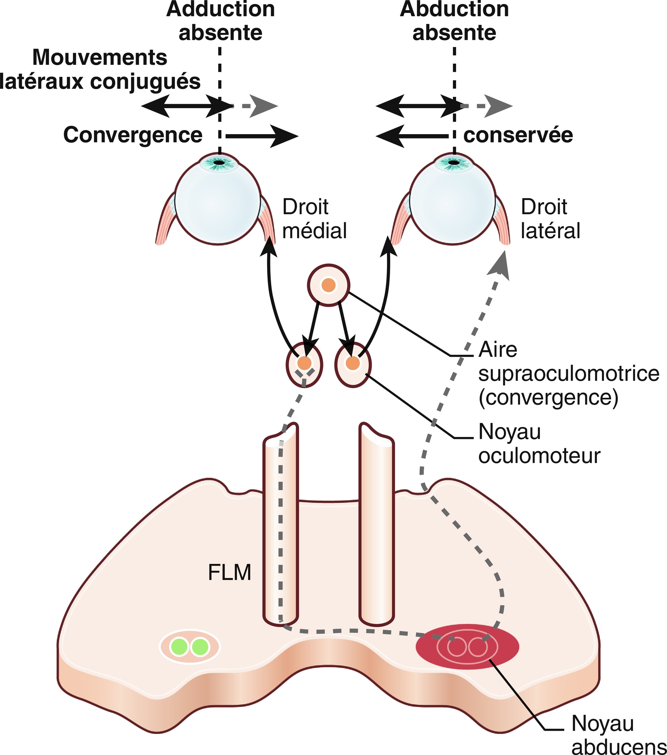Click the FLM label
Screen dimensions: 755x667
point(229,572)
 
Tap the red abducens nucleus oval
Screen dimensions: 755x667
point(467,646)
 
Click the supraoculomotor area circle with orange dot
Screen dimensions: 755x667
point(328,285)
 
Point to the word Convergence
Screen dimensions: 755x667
point(133,135)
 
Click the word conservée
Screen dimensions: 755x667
point(518,135)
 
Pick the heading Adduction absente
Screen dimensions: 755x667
point(221,21)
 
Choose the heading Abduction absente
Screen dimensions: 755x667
point(454,21)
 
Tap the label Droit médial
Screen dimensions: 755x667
point(314,219)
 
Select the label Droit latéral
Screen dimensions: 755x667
point(550,219)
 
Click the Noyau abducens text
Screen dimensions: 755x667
point(618,735)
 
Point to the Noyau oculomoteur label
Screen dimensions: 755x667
point(539,444)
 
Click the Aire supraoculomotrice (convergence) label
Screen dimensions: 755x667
point(568,373)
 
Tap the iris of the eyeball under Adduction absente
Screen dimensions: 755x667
point(219,163)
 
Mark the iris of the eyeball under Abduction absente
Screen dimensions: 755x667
point(454,163)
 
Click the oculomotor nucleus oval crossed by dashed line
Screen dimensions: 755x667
point(304,365)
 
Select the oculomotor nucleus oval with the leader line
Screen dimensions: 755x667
point(353,365)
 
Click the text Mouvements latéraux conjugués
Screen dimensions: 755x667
point(100,69)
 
